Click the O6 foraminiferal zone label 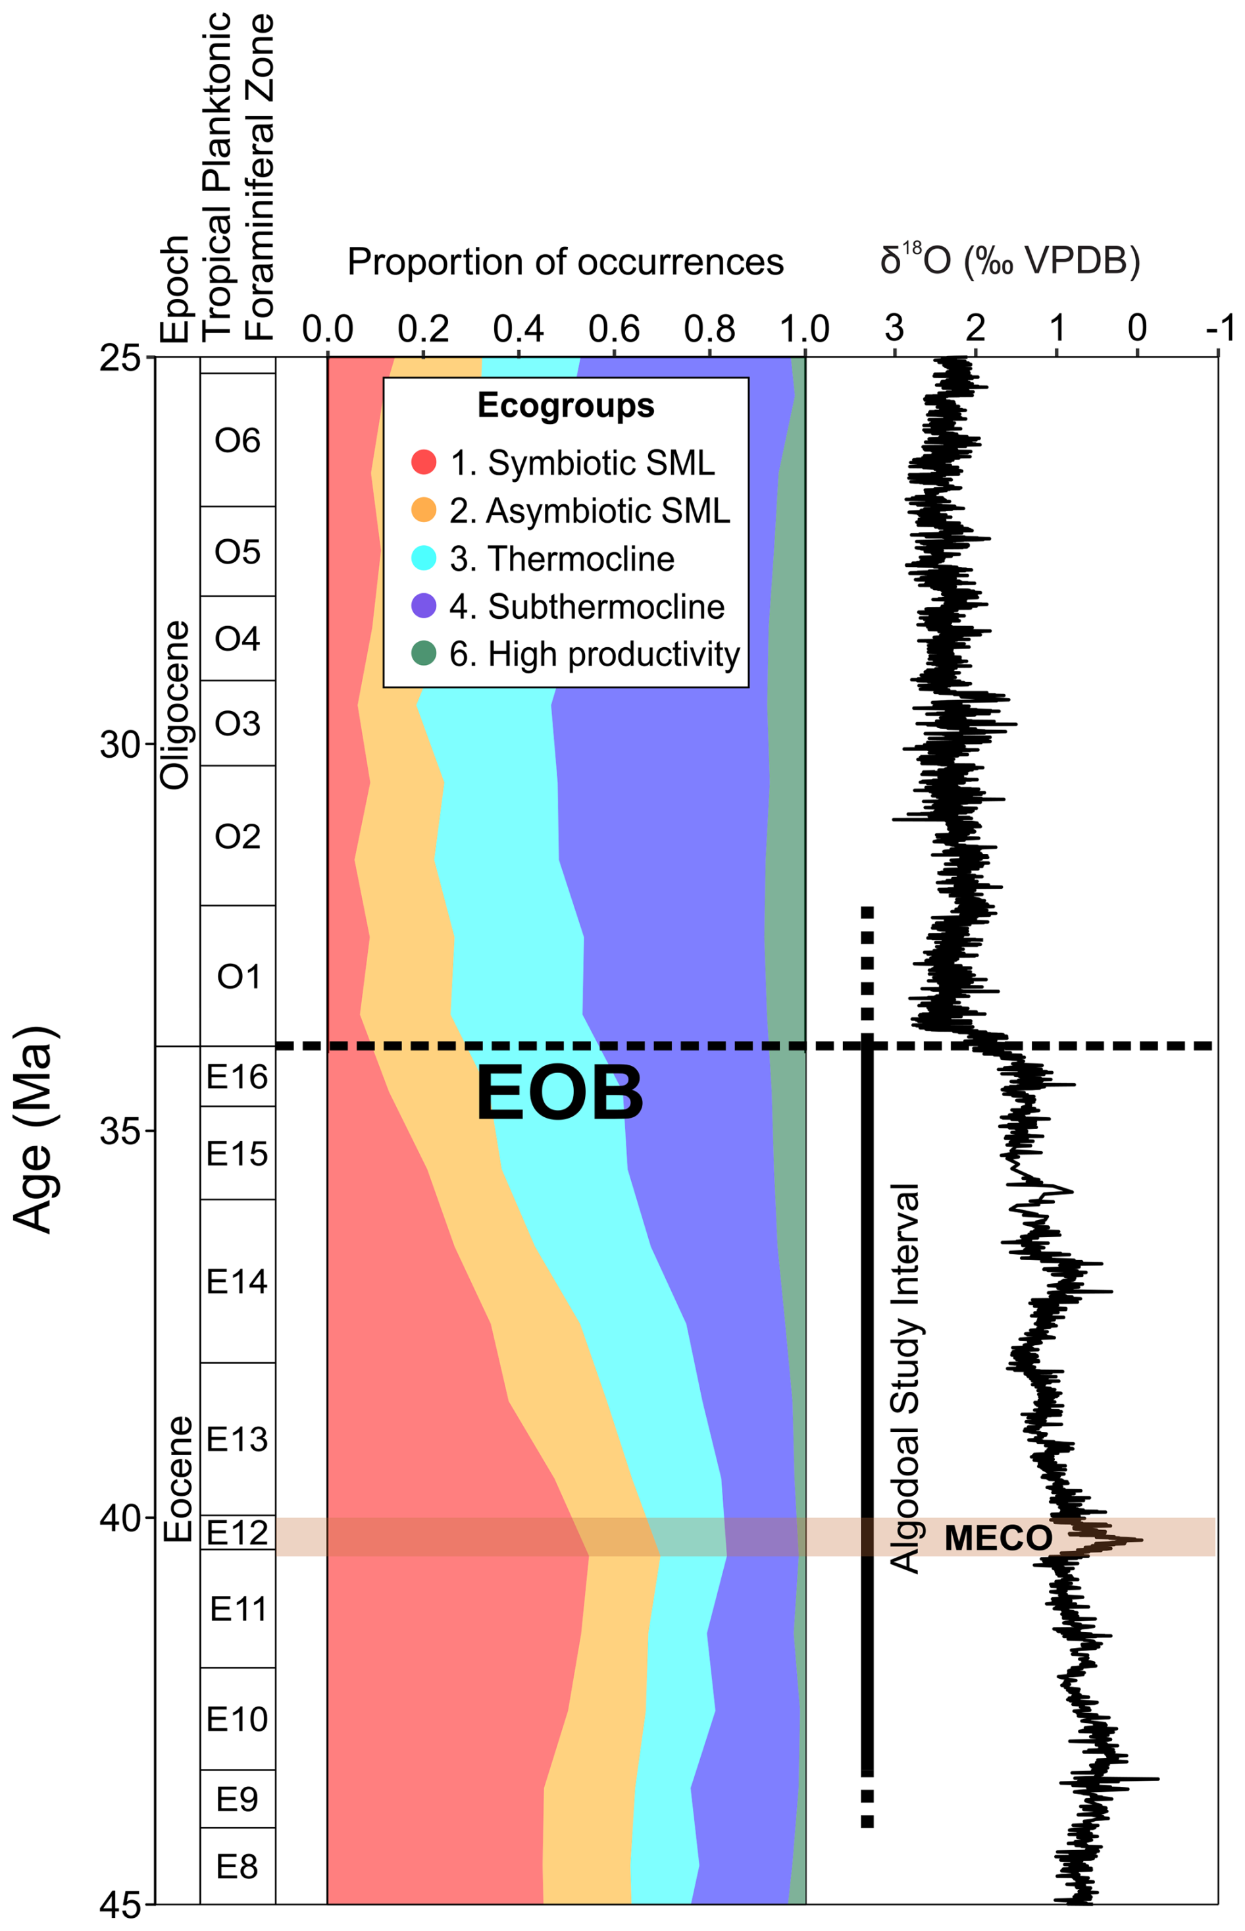(x=238, y=440)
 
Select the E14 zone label (x=237, y=1282)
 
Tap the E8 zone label (x=237, y=1866)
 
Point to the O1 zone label (x=238, y=977)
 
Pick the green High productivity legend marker (x=424, y=653)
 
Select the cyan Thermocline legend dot (x=424, y=558)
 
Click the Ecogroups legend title (x=566, y=405)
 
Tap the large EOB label (x=559, y=1094)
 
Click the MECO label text (x=998, y=1537)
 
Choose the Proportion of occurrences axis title (x=565, y=262)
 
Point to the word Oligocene (x=176, y=704)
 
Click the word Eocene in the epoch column (x=178, y=1479)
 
